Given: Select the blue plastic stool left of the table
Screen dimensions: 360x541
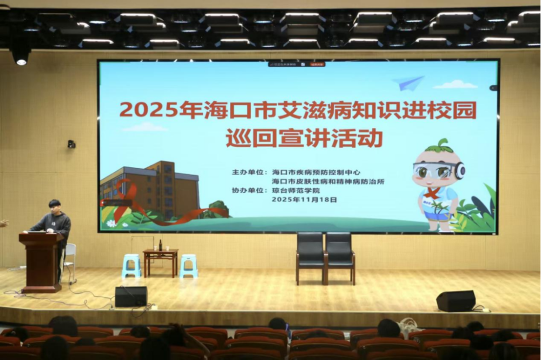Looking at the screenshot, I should pos(131,265).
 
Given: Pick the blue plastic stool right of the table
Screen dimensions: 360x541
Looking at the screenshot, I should pos(189,265).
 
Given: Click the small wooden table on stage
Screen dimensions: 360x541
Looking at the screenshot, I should pos(161,259).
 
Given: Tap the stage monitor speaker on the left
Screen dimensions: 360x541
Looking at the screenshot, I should pos(131,296).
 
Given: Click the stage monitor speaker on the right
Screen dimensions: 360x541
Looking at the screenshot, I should pos(456,301).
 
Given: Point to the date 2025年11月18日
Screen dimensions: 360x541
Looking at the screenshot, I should pos(305,199).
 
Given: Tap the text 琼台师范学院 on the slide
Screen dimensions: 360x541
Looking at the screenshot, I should pos(296,190).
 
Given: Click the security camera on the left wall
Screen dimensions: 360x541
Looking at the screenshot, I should pos(71,144).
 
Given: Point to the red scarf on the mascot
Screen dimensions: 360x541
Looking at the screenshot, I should pos(432,193).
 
